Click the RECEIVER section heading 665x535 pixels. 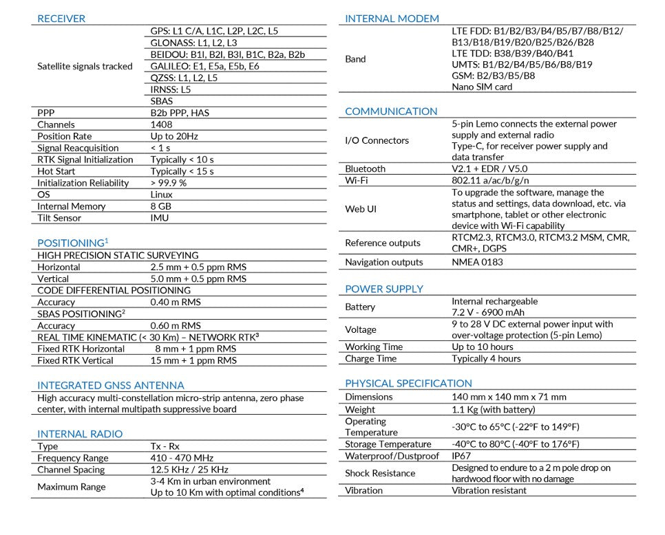pos(61,19)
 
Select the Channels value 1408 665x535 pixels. pos(162,124)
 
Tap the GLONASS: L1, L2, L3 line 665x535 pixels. pos(193,43)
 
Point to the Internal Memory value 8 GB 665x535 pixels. pos(161,206)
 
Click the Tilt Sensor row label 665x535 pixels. pos(59,218)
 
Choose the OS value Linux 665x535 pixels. pos(161,195)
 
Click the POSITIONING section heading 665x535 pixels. pos(72,243)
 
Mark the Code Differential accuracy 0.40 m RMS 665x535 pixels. pos(176,302)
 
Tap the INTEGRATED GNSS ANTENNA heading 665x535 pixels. pos(111,385)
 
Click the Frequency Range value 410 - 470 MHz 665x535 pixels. pos(182,458)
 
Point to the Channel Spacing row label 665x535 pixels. pos(71,470)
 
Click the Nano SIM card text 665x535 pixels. pos(482,87)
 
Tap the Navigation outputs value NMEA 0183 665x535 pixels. pos(477,262)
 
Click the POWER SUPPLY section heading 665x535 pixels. pos(384,289)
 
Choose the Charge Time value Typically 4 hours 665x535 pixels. pos(486,358)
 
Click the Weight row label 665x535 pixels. pos(360,409)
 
